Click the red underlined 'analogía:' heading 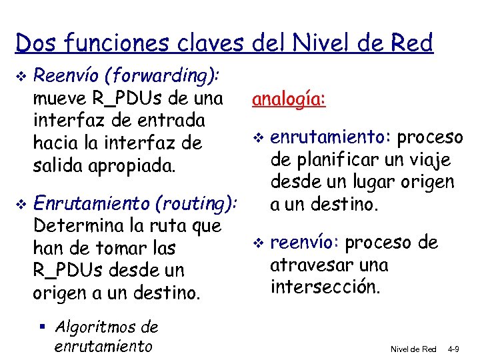pyautogui.click(x=289, y=99)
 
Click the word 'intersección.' pyautogui.click(x=326, y=287)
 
